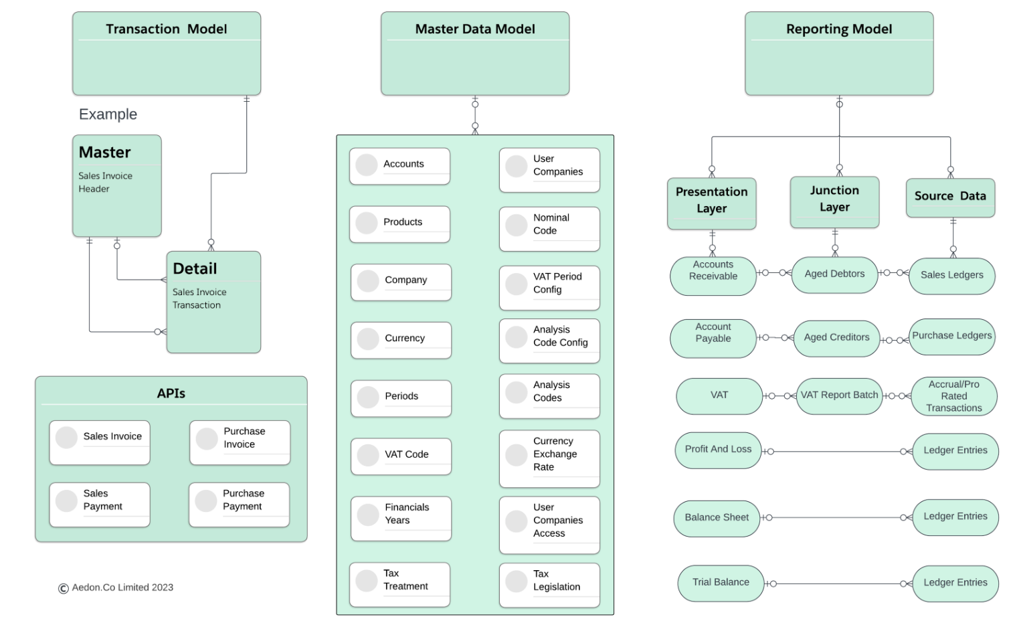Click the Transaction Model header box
click(166, 54)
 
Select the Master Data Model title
click(474, 29)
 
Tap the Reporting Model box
click(838, 54)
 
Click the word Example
click(108, 114)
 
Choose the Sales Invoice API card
click(100, 442)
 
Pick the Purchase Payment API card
click(239, 505)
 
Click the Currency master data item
click(401, 340)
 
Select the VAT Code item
click(401, 456)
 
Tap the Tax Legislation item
click(549, 585)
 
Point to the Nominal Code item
click(549, 229)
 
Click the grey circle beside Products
click(367, 223)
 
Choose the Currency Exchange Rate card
click(549, 458)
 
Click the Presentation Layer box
click(712, 203)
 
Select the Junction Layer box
click(834, 202)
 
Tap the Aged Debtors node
click(834, 274)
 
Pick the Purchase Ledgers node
click(951, 336)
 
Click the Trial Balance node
click(721, 583)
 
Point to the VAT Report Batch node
click(839, 395)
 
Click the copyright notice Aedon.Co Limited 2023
click(116, 588)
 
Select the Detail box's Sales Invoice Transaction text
click(199, 298)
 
